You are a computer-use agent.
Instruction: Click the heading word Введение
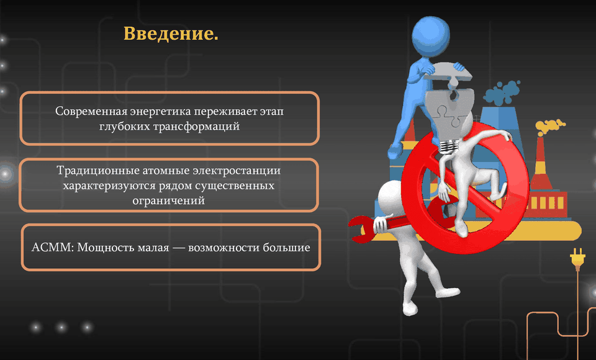click(x=171, y=34)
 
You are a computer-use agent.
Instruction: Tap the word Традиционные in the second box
click(x=98, y=170)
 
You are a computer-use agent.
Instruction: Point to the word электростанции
click(x=237, y=170)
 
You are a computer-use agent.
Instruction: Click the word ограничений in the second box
click(x=168, y=200)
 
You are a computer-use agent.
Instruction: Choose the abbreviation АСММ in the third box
click(x=52, y=248)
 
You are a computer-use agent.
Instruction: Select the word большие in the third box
click(x=287, y=248)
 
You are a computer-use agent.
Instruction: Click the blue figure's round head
click(x=431, y=37)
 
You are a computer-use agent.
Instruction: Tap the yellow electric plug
click(x=577, y=258)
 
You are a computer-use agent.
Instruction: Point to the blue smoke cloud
click(x=502, y=92)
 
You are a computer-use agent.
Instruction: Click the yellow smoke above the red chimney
click(x=549, y=126)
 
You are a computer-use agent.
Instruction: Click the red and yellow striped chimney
click(x=541, y=163)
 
